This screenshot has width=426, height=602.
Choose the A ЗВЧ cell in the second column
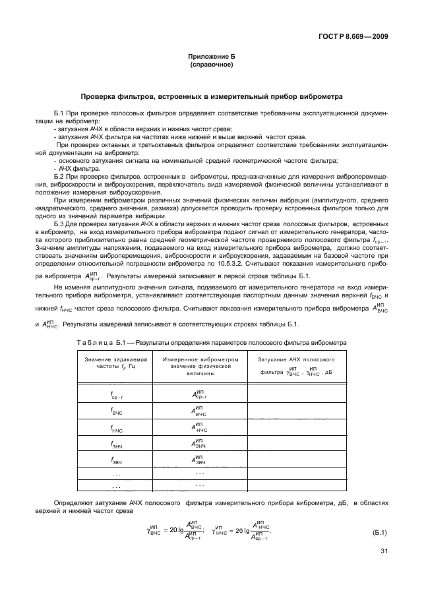point(199,461)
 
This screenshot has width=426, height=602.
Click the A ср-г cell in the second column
point(199,394)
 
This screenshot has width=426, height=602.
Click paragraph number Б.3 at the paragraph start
point(61,226)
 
